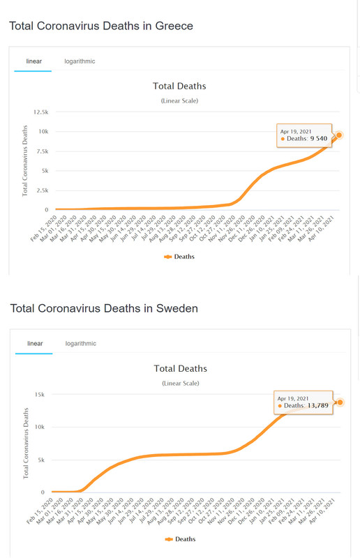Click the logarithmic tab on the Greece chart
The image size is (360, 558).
pyautogui.click(x=80, y=61)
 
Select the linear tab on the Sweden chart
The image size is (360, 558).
pyautogui.click(x=35, y=343)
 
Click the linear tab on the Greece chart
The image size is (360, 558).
pyautogui.click(x=33, y=61)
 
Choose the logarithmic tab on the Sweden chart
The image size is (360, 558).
pyautogui.click(x=81, y=343)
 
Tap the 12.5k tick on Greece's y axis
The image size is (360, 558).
pyautogui.click(x=41, y=112)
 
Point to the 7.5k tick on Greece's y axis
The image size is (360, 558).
pyautogui.click(x=43, y=151)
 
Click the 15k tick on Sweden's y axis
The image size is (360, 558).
pyautogui.click(x=40, y=394)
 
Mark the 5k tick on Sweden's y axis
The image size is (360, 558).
pyautogui.click(x=41, y=460)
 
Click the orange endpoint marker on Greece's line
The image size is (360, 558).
pyautogui.click(x=339, y=135)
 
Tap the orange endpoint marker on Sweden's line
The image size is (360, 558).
pyautogui.click(x=340, y=402)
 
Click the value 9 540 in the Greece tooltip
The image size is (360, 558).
pyautogui.click(x=319, y=138)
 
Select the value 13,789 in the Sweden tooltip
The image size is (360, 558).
pyautogui.click(x=318, y=405)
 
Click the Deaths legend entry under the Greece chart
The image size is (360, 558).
pyautogui.click(x=179, y=257)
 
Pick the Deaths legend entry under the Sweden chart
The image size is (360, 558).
pyautogui.click(x=181, y=539)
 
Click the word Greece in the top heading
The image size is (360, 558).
pyautogui.click(x=174, y=26)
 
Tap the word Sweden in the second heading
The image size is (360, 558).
pyautogui.click(x=177, y=308)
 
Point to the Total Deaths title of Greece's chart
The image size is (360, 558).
pyautogui.click(x=179, y=86)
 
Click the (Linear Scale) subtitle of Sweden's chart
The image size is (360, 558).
pyautogui.click(x=181, y=383)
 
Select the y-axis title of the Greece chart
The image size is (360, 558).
pyautogui.click(x=25, y=161)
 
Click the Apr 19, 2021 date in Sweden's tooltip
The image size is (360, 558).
pyautogui.click(x=293, y=398)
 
